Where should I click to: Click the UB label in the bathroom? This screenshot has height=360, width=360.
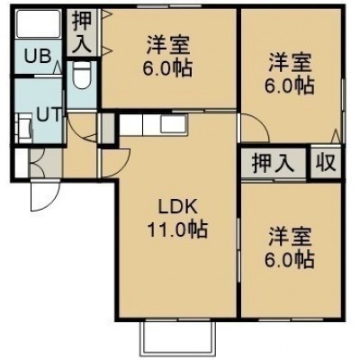click(38, 56)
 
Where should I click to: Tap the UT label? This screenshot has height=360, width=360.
click(49, 114)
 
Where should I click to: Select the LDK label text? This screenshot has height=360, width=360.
click(177, 207)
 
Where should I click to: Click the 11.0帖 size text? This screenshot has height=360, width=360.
click(177, 230)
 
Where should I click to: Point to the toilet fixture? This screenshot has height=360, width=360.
click(81, 76)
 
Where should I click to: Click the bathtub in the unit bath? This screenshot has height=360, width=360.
click(38, 24)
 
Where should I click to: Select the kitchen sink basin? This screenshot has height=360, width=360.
click(175, 124)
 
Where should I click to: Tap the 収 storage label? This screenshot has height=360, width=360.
click(325, 163)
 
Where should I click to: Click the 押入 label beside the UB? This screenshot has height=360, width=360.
click(82, 31)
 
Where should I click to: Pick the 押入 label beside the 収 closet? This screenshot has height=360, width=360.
click(273, 164)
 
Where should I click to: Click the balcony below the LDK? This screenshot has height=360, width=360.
click(178, 338)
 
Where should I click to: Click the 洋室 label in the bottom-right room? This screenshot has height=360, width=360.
click(290, 236)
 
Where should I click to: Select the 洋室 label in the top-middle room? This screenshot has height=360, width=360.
click(168, 45)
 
